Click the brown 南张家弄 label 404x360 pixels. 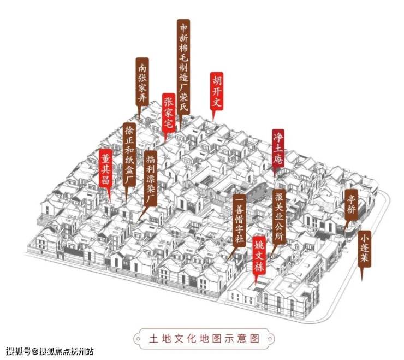click(x=142, y=81)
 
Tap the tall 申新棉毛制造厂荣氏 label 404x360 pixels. click(x=183, y=67)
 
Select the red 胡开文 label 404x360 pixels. click(x=217, y=91)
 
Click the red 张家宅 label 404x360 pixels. click(x=169, y=113)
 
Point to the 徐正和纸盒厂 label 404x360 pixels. click(x=129, y=154)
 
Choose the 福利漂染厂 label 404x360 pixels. click(x=151, y=179)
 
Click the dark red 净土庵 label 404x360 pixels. click(x=278, y=149)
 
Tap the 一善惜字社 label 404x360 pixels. click(x=239, y=220)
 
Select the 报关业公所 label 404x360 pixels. click(x=280, y=217)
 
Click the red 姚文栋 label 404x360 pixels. click(x=259, y=255)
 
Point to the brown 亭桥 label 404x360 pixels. click(x=351, y=205)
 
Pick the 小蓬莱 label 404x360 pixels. click(x=365, y=249)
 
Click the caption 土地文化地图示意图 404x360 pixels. click(x=204, y=338)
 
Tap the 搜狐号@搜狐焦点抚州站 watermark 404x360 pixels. click(x=50, y=351)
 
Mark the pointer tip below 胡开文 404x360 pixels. click(x=213, y=121)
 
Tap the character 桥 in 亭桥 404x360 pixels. click(x=351, y=210)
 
